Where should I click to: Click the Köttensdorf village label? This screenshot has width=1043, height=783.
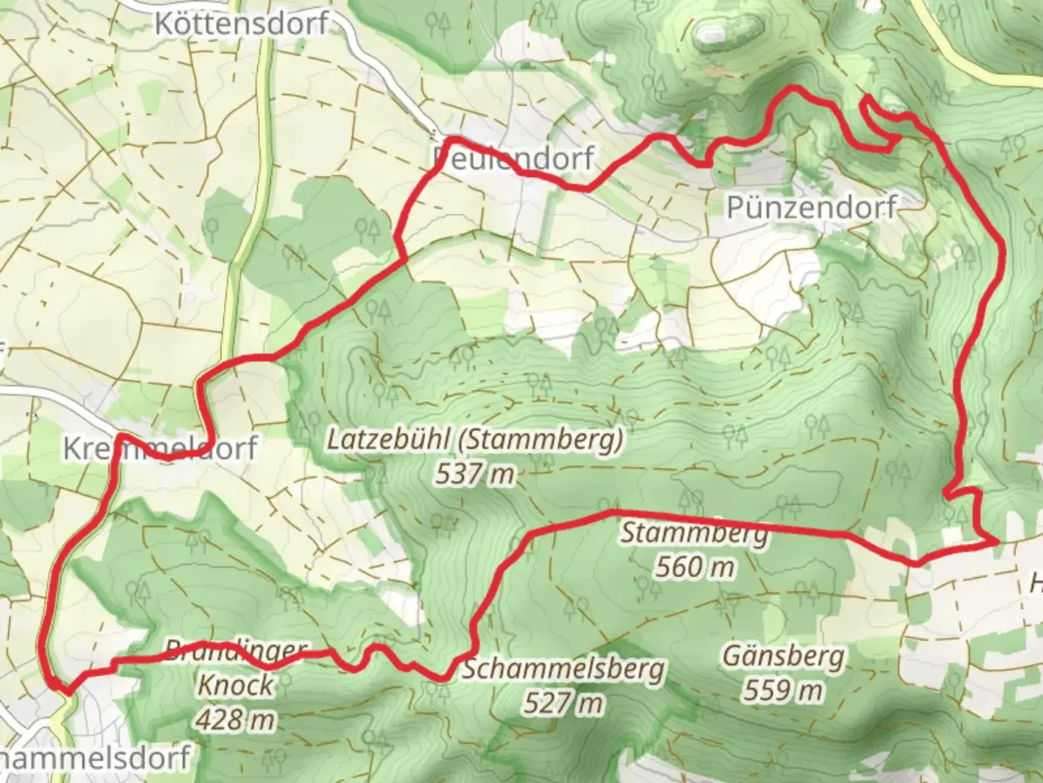pyautogui.click(x=241, y=23)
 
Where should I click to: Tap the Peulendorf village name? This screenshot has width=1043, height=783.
pyautogui.click(x=513, y=157)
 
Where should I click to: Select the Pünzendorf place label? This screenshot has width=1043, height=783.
pyautogui.click(x=811, y=207)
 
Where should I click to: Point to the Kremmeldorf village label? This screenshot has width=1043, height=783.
pyautogui.click(x=159, y=448)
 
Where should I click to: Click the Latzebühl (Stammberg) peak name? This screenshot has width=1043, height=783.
pyautogui.click(x=474, y=440)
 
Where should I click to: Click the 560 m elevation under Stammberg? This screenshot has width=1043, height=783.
pyautogui.click(x=695, y=566)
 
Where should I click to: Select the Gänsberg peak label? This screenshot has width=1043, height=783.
pyautogui.click(x=783, y=657)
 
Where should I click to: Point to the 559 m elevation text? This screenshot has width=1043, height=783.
pyautogui.click(x=783, y=690)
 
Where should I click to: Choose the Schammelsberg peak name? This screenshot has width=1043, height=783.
pyautogui.click(x=563, y=668)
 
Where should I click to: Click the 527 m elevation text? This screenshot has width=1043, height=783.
pyautogui.click(x=563, y=703)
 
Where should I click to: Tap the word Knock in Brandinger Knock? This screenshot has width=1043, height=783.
pyautogui.click(x=236, y=684)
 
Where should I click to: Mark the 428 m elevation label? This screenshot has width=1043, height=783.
pyautogui.click(x=236, y=719)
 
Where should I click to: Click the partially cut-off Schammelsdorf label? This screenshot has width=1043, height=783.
pyautogui.click(x=94, y=758)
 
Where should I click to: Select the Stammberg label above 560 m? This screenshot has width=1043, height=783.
pyautogui.click(x=695, y=533)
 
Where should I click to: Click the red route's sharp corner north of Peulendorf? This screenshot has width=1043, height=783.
pyautogui.click(x=450, y=138)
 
